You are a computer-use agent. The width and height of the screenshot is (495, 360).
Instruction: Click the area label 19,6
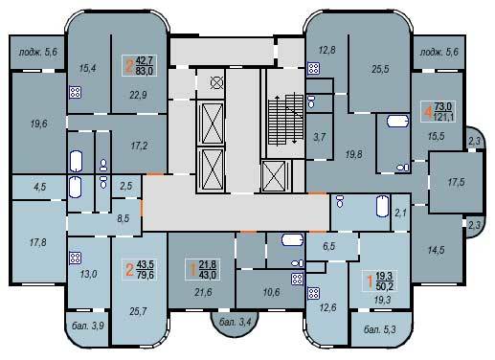[39, 124]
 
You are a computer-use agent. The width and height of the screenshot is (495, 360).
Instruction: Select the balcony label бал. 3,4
[236, 322]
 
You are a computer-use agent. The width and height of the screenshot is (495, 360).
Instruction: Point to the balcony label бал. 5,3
[380, 329]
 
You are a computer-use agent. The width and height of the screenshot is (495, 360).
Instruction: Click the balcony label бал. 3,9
[88, 326]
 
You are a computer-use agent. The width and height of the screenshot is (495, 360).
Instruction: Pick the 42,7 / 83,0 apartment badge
[140, 65]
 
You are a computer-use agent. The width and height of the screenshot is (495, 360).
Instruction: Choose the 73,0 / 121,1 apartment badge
[438, 111]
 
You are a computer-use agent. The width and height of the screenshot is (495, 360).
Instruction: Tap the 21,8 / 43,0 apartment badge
[202, 270]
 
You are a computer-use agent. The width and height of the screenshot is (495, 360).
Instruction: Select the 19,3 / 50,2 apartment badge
[380, 281]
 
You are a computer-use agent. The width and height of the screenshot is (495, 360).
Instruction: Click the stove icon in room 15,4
[76, 93]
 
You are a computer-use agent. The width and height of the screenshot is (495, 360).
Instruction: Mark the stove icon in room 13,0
[76, 258]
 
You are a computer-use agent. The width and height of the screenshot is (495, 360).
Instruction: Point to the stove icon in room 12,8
[314, 68]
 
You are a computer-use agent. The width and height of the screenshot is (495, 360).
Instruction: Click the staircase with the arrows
[285, 120]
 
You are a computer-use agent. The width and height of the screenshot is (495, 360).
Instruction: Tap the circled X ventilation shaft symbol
[216, 83]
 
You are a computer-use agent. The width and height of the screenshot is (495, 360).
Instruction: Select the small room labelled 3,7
[319, 137]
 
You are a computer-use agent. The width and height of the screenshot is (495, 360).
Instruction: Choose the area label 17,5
[457, 183]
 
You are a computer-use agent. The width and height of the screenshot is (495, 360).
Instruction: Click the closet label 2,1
[400, 212]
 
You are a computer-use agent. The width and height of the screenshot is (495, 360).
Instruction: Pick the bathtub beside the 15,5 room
[397, 122]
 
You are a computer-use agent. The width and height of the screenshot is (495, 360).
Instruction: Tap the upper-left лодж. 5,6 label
[38, 52]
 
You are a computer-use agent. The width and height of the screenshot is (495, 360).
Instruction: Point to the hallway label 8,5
[124, 218]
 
